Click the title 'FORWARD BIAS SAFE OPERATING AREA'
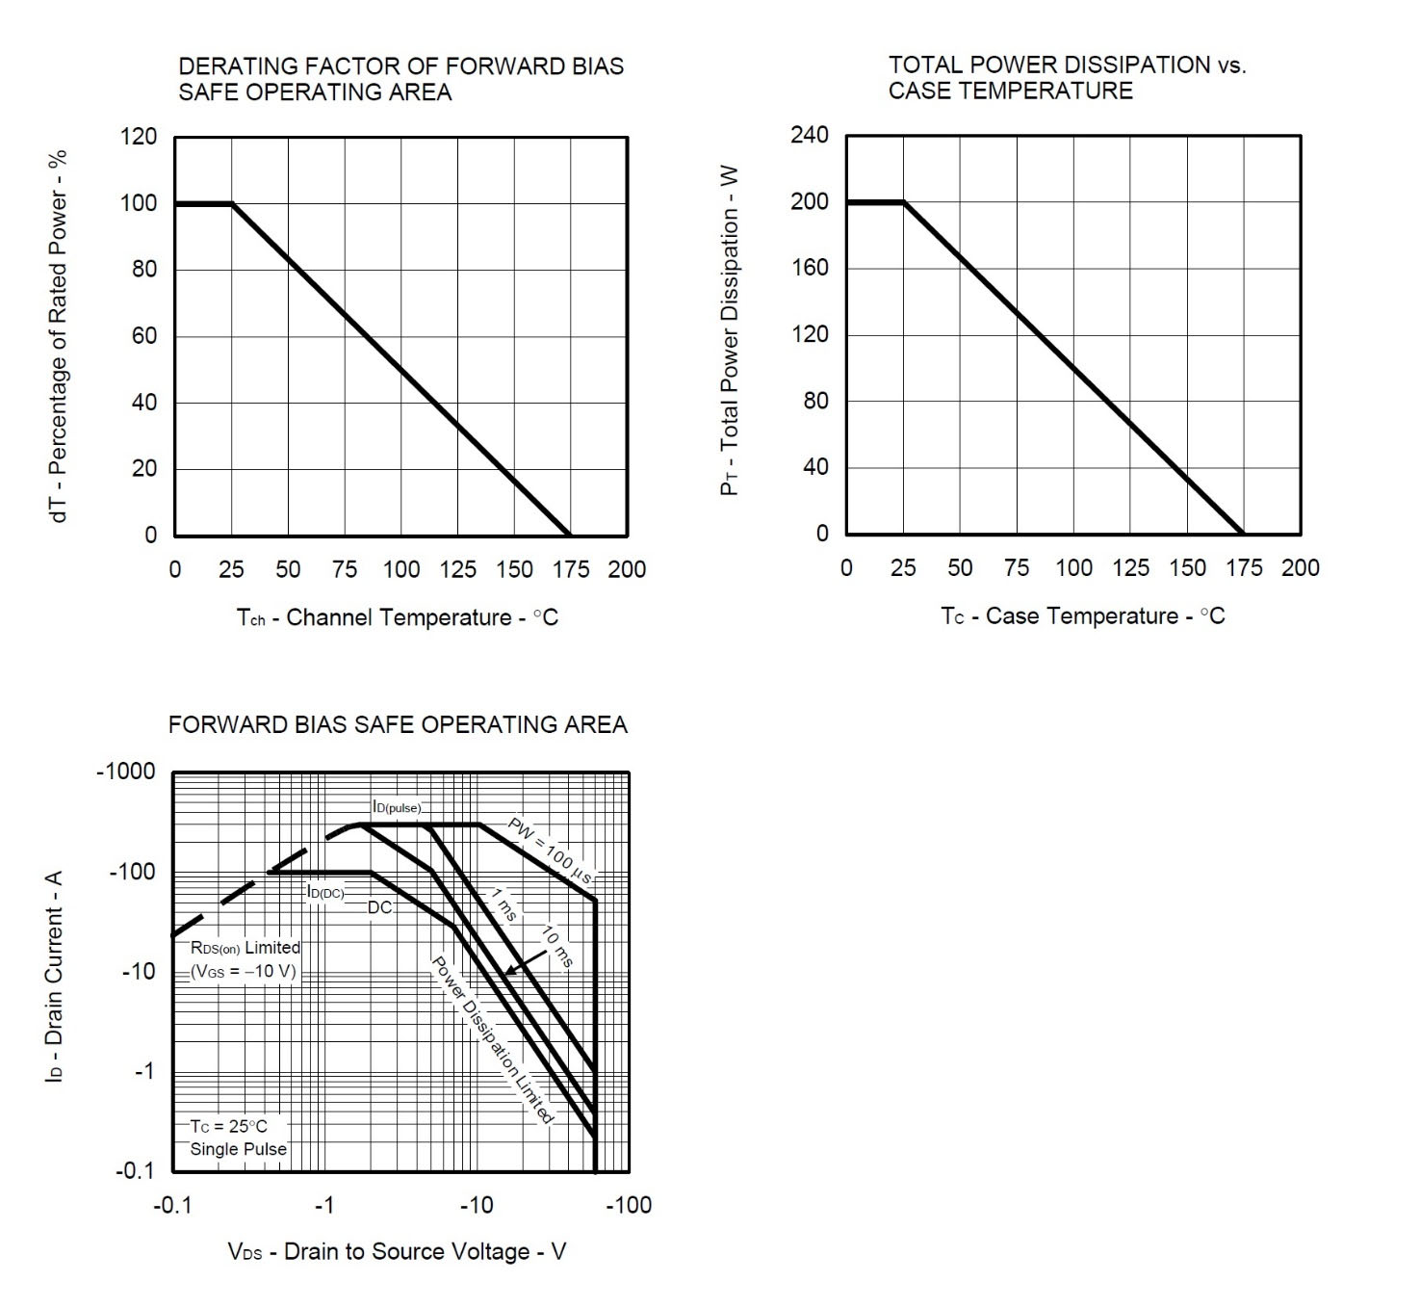[x=398, y=724]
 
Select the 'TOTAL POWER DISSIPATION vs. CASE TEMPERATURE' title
[x=1067, y=78]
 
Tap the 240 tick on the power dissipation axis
[x=809, y=135]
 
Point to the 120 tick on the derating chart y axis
[x=138, y=137]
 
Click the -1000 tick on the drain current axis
[x=125, y=772]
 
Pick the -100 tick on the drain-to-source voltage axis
[x=628, y=1205]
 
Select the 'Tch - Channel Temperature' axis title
[x=398, y=617]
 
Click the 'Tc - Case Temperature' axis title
[x=1083, y=616]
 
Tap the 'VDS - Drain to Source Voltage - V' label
[x=397, y=1252]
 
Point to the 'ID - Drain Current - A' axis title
[x=55, y=976]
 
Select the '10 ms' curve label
[x=557, y=946]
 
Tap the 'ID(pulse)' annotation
[x=397, y=807]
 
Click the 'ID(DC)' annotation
[x=325, y=892]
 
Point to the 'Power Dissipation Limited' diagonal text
[x=491, y=1040]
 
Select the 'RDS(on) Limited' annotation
[x=245, y=948]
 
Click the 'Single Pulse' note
[x=238, y=1149]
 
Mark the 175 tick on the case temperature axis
[x=1243, y=568]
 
